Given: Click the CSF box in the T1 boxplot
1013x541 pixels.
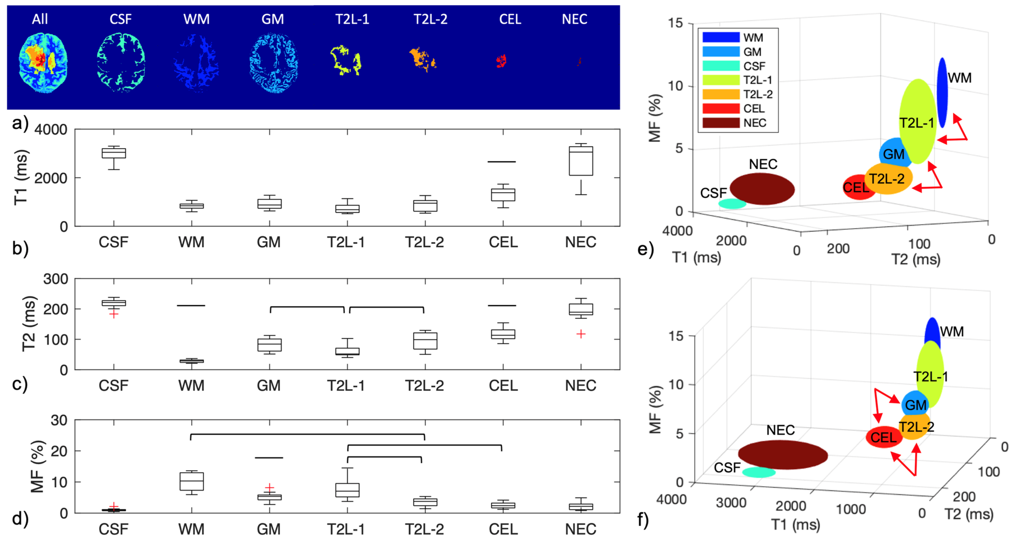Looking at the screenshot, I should click(x=114, y=153).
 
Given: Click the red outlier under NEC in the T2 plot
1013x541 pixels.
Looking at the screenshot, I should click(x=581, y=334).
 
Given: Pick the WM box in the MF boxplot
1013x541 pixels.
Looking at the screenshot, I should click(x=191, y=481).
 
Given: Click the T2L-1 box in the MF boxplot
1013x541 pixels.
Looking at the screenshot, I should click(x=347, y=490).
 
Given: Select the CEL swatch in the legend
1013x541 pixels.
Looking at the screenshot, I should click(x=721, y=109).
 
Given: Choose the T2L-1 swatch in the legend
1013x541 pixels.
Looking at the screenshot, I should click(x=721, y=80).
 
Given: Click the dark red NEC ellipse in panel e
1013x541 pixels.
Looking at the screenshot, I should click(x=762, y=189).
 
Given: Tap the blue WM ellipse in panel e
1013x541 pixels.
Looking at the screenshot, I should click(x=942, y=93).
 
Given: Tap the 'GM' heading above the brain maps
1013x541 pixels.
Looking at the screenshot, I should click(x=272, y=19).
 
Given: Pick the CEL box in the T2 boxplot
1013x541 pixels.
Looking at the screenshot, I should click(x=503, y=334).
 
